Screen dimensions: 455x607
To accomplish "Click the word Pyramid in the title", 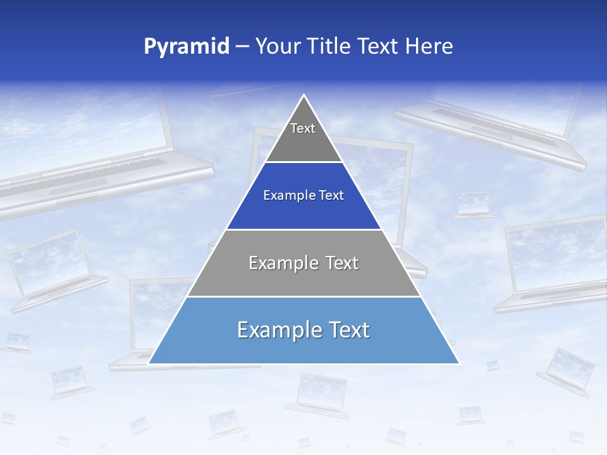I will [x=186, y=47].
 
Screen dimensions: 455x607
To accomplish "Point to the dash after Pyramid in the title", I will [x=242, y=47].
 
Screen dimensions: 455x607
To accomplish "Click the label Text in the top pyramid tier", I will [x=303, y=128].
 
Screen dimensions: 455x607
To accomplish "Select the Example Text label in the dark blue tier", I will [x=303, y=195].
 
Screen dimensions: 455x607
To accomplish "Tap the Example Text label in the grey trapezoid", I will [x=303, y=263].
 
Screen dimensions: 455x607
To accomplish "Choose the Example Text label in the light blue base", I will [x=303, y=330].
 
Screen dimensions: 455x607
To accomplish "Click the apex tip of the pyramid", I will [x=304, y=95].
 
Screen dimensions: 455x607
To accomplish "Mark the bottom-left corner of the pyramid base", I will [x=149, y=363].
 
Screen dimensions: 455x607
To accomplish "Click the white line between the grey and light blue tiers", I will [x=303, y=296].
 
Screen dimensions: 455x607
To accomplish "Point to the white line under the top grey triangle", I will [x=303, y=162].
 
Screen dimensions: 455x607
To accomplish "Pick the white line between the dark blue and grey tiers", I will [x=303, y=229].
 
